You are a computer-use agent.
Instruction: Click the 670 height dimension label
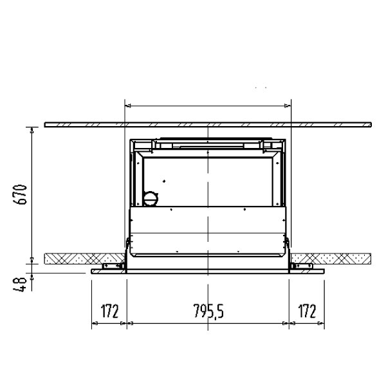click(20, 194)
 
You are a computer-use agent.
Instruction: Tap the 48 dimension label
click(20, 284)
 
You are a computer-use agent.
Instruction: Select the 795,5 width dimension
click(208, 311)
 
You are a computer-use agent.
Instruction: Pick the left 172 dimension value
click(109, 311)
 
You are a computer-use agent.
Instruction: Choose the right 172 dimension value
click(307, 311)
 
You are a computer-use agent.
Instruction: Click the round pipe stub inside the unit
click(151, 198)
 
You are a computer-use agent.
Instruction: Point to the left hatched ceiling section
click(84, 259)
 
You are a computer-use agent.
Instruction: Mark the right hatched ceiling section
click(331, 259)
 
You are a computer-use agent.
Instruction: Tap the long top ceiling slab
click(208, 125)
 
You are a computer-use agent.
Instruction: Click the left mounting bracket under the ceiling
click(113, 266)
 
